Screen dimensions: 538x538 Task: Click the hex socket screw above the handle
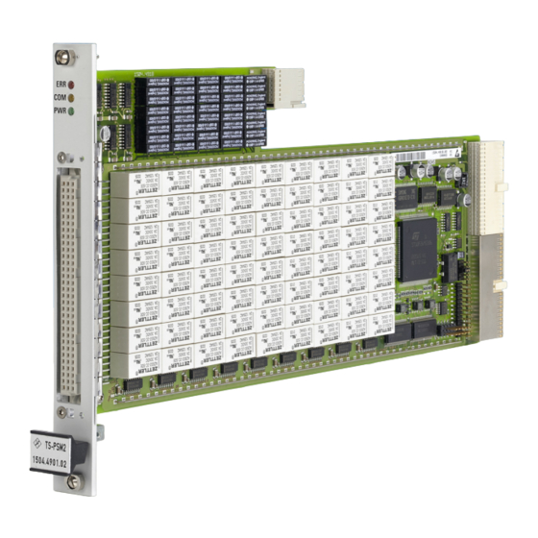click(61, 412)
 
